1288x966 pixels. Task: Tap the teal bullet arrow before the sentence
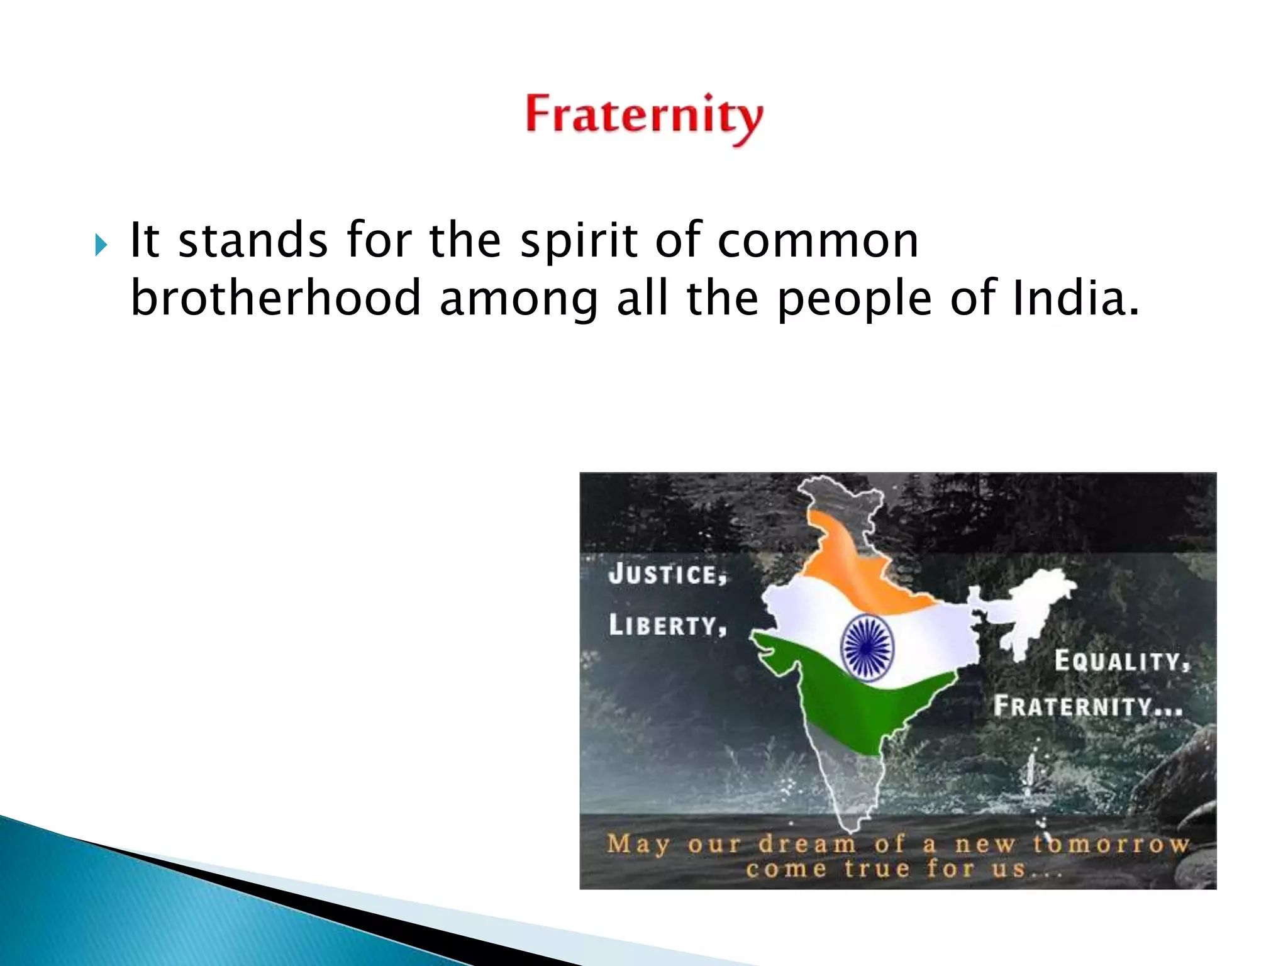[x=101, y=244]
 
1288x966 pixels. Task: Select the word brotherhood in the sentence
[x=275, y=298]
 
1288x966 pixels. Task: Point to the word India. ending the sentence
[x=1076, y=298]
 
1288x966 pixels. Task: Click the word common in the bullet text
[x=818, y=241]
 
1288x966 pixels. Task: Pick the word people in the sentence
[x=854, y=299]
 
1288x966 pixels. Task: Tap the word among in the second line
[x=519, y=299]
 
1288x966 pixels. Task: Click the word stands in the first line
[x=253, y=240]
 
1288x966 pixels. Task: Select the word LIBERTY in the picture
[x=667, y=625]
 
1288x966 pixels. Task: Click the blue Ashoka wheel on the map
[x=867, y=647]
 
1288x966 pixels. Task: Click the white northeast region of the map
[x=1031, y=604]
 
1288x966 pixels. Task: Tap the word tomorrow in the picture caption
[x=1111, y=844]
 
